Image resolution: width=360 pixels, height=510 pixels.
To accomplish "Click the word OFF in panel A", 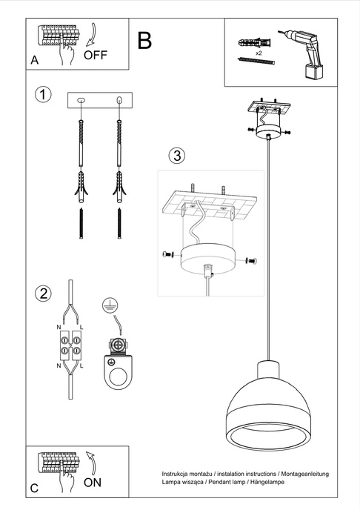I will (96, 55).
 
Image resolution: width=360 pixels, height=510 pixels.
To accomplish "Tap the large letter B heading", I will (144, 41).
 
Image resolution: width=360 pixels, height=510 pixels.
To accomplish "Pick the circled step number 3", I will (176, 156).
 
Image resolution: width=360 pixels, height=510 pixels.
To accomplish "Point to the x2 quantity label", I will (257, 54).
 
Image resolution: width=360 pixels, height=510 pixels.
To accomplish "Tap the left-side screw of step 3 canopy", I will (167, 254).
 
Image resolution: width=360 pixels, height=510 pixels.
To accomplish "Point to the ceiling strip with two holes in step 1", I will (99, 100).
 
